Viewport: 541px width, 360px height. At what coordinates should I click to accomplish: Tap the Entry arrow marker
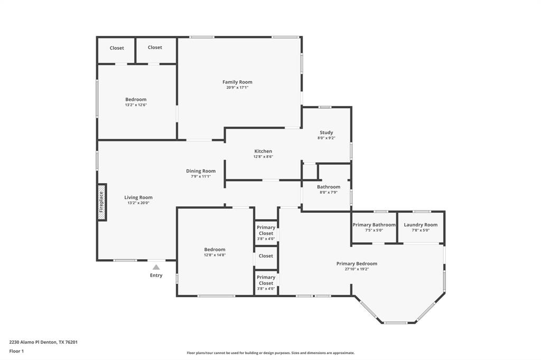point(156,268)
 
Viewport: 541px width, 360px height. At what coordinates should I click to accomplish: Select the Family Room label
point(237,82)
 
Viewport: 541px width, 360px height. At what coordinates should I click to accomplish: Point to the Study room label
point(326,132)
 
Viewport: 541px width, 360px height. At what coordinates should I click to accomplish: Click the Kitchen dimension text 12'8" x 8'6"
point(263,157)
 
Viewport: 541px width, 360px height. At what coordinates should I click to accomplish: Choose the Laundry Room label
point(421,225)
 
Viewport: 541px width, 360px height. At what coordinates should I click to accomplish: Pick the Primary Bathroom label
point(374,225)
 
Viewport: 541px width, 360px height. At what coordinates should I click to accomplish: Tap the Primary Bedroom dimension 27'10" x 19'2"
point(357,269)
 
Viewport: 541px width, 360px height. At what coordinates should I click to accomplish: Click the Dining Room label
point(201,170)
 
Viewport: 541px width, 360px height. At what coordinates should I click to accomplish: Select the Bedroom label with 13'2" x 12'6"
point(136,99)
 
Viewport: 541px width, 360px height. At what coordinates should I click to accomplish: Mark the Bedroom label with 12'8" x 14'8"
point(214,249)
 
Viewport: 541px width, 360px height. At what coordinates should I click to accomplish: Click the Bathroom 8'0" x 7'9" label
point(329,187)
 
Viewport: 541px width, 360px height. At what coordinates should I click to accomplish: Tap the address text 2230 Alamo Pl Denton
point(43,342)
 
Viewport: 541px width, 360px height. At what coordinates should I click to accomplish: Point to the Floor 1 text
point(16,351)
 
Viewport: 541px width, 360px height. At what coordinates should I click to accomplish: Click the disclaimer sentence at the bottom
point(270,353)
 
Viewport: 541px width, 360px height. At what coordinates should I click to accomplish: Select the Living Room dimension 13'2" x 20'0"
point(138,203)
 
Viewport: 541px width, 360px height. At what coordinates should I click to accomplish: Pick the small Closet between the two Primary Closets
point(266,256)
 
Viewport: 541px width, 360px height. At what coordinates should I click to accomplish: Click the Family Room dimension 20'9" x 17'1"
point(237,88)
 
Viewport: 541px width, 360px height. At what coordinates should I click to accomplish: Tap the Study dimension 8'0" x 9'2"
point(326,138)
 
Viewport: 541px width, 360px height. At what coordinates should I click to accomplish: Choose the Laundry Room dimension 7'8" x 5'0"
point(421,231)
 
